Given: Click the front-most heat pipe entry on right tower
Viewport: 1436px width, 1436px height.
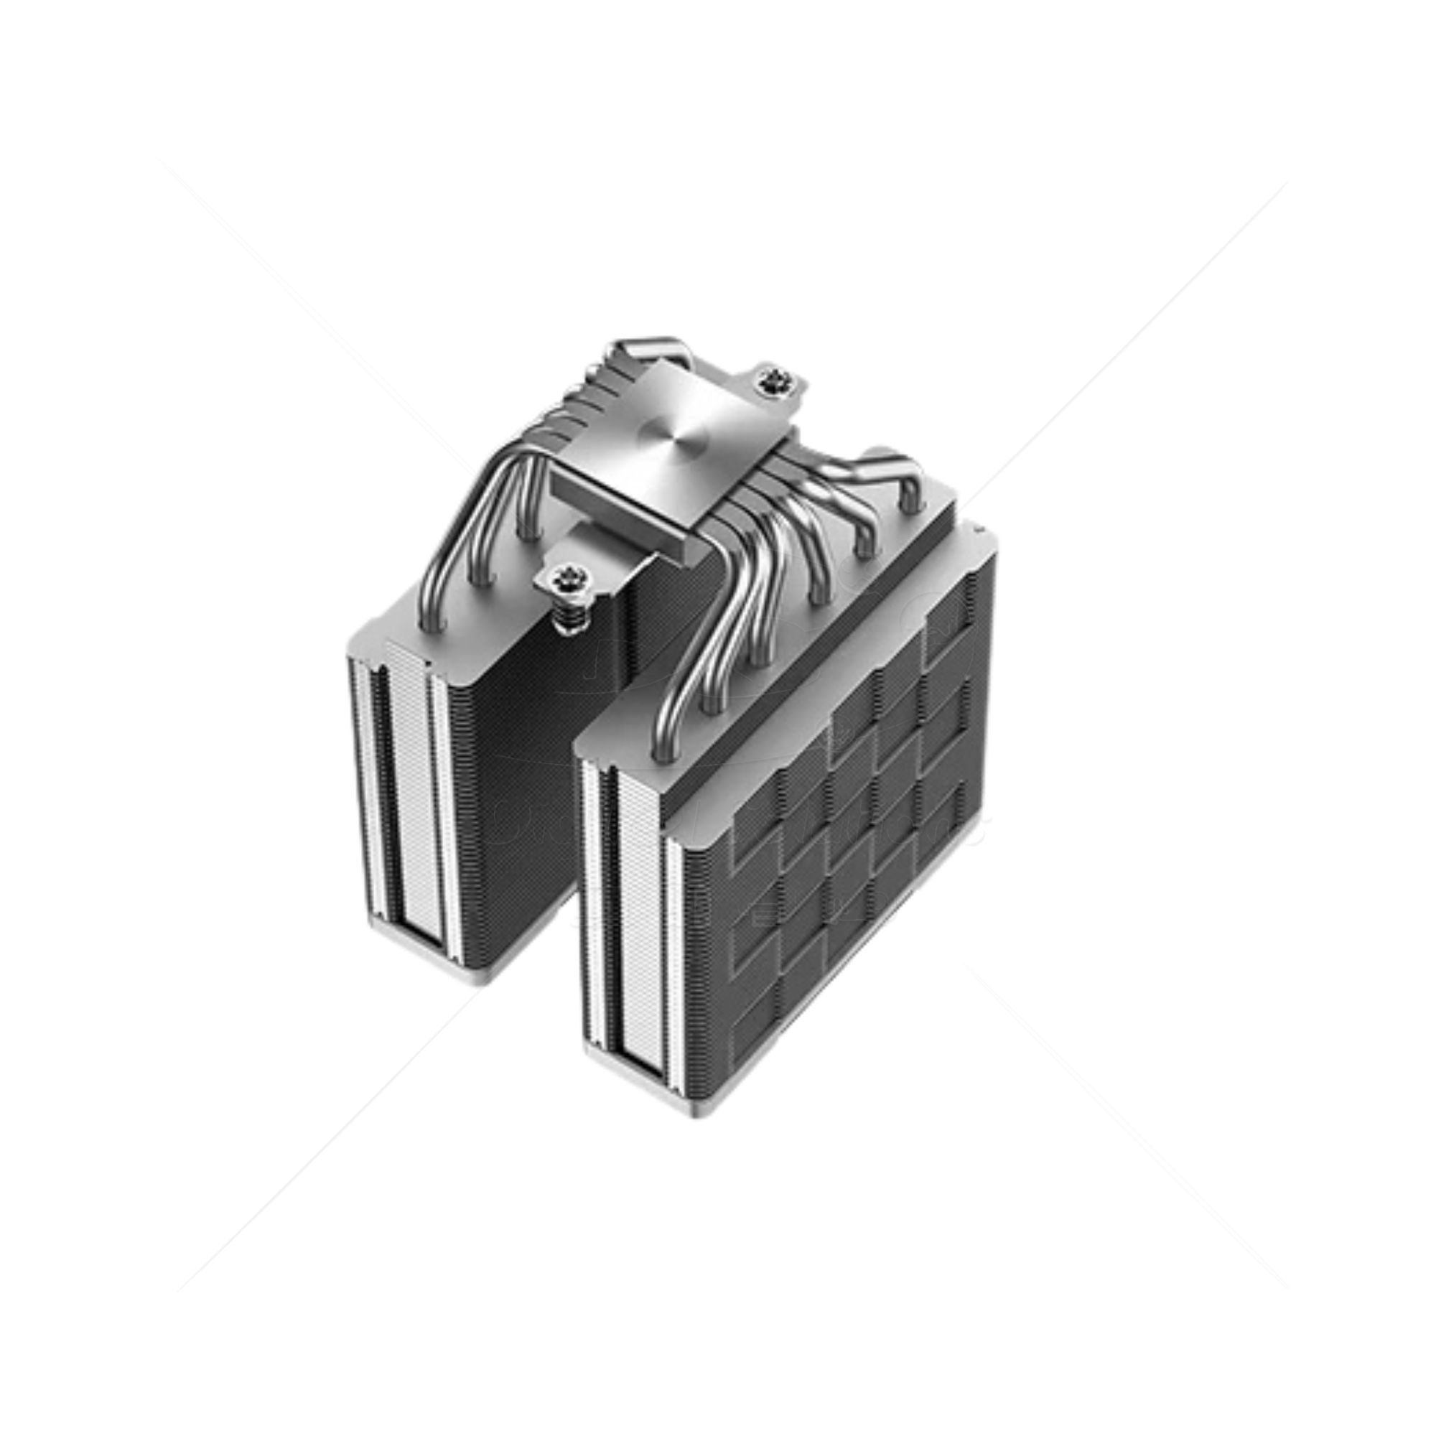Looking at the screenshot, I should [663, 751].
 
